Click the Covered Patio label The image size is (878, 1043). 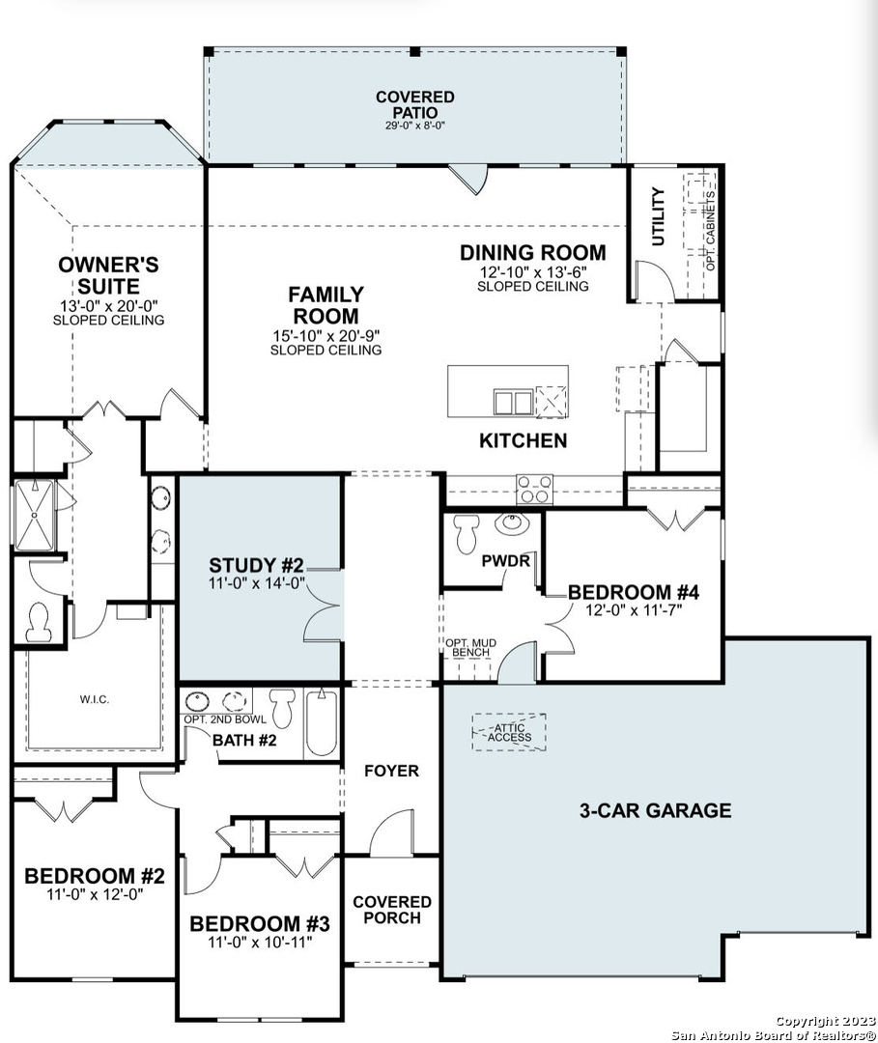click(x=415, y=105)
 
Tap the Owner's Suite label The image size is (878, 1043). click(x=108, y=275)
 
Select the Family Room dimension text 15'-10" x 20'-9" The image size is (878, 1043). click(x=326, y=336)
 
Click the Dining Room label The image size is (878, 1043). click(x=533, y=253)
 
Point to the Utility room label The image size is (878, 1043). click(x=658, y=216)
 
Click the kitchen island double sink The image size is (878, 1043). click(x=513, y=403)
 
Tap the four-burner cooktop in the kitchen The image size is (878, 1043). click(x=535, y=489)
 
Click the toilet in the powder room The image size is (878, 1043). click(x=465, y=533)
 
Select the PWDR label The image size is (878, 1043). click(x=506, y=561)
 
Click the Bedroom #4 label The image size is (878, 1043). click(x=634, y=592)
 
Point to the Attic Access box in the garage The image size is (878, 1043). click(x=509, y=732)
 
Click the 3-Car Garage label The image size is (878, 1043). click(x=655, y=810)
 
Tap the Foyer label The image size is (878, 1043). click(x=392, y=771)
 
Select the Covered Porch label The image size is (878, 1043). click(x=392, y=910)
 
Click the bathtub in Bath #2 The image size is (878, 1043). click(x=322, y=723)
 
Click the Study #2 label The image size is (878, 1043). click(x=256, y=565)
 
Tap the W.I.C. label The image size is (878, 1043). click(x=95, y=699)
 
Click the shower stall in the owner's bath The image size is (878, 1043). click(x=34, y=516)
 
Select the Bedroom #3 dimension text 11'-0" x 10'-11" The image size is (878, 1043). click(x=260, y=942)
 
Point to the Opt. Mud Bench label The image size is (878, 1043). click(x=471, y=648)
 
